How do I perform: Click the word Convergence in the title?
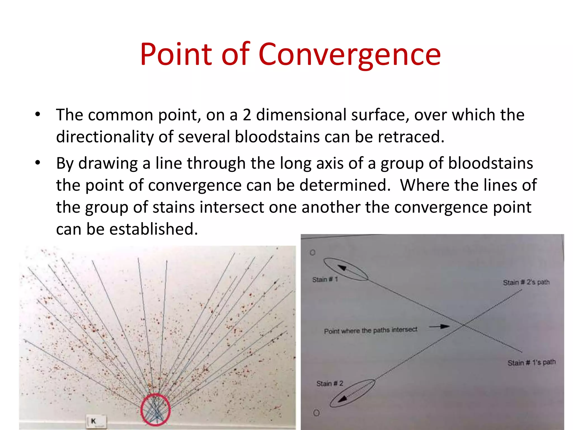click(349, 55)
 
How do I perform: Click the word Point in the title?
click(176, 55)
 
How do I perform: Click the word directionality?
click(105, 137)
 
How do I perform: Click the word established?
click(153, 229)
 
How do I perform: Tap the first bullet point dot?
click(38, 114)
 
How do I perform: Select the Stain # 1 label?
click(325, 280)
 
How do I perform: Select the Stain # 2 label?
click(330, 384)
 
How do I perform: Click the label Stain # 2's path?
click(526, 282)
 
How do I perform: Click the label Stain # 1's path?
click(531, 363)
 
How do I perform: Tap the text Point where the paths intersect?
click(370, 331)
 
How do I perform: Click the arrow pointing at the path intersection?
click(439, 326)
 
